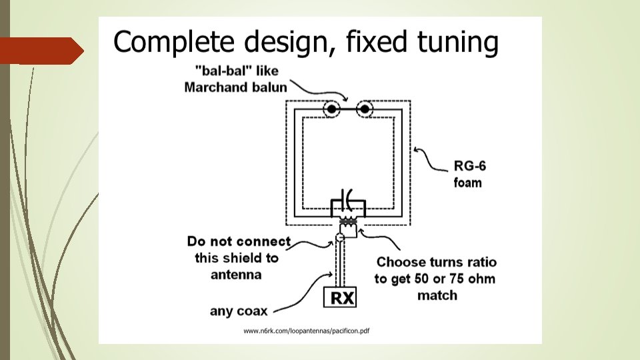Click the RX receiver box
coord(340,297)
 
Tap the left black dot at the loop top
coord(331,109)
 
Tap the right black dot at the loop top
coord(365,109)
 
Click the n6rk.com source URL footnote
coord(307,331)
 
